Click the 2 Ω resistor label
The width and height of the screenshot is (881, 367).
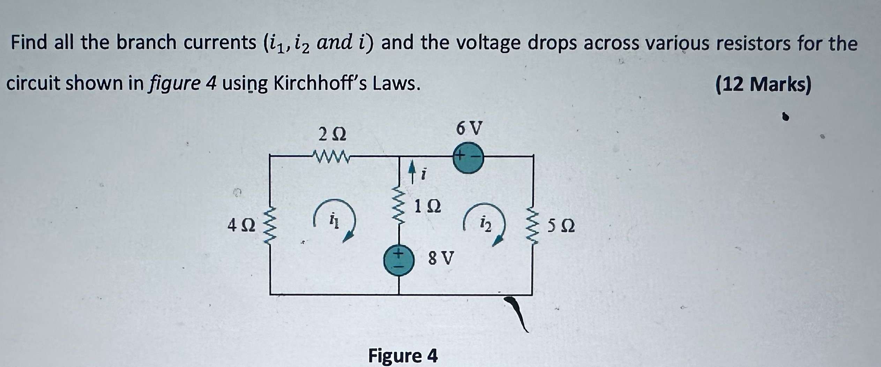[x=333, y=134]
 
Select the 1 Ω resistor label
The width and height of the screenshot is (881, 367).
[x=427, y=207]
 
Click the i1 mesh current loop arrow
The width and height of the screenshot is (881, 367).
[x=335, y=220]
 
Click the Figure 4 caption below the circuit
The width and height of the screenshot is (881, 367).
[x=403, y=356]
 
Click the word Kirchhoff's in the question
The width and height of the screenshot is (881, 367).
[x=321, y=84]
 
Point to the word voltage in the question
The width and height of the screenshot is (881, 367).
[x=454, y=43]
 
